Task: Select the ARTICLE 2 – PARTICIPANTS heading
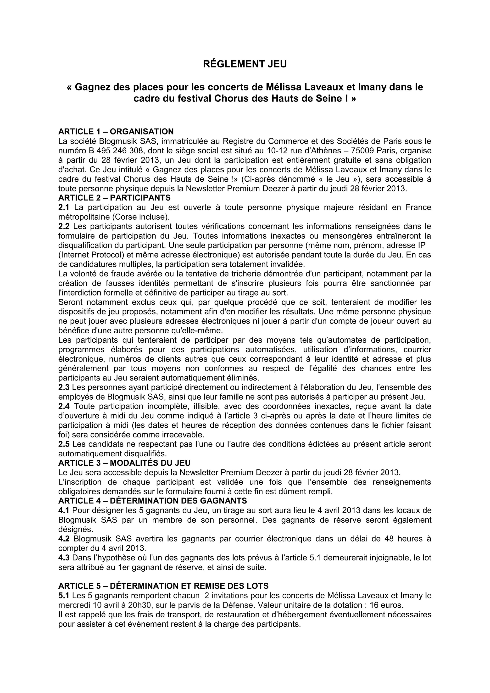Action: pyautogui.click(x=114, y=198)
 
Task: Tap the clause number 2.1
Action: pyautogui.click(x=64, y=207)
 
